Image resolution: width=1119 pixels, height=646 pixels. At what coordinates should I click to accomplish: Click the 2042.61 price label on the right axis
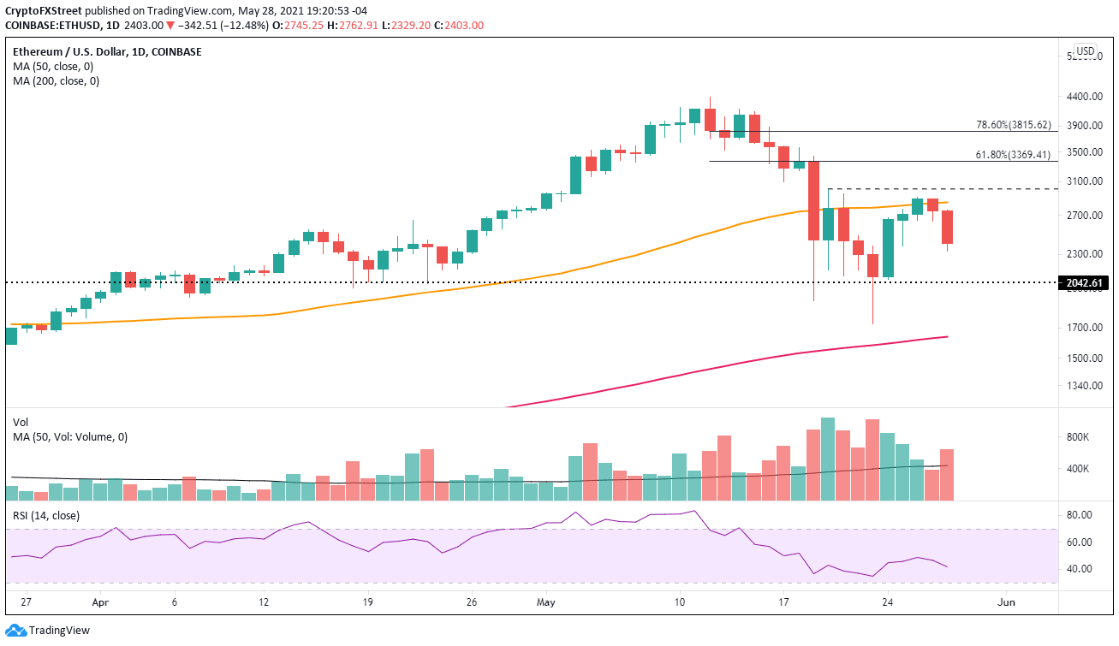click(1085, 282)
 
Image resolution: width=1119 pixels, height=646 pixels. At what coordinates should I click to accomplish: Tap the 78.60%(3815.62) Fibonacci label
click(1012, 124)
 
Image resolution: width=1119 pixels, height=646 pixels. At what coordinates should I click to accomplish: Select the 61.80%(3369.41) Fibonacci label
click(1012, 155)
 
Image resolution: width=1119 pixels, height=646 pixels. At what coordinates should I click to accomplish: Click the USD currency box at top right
click(1085, 51)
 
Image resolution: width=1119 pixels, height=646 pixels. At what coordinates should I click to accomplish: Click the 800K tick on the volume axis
click(1078, 437)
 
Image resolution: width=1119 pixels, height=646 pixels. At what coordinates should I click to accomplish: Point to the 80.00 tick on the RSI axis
click(1079, 515)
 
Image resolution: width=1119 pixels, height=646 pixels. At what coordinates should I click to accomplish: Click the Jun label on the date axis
click(1007, 602)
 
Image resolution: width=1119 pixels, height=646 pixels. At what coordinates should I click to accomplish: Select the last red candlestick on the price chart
click(947, 227)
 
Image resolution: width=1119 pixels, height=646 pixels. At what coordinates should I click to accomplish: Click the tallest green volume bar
click(827, 459)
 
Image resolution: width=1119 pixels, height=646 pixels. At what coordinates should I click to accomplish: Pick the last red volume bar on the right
click(947, 474)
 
